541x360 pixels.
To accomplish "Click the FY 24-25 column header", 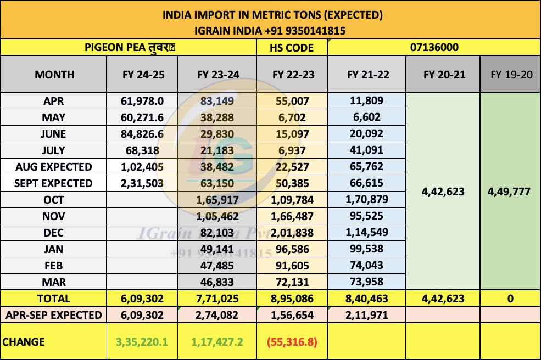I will [143, 75].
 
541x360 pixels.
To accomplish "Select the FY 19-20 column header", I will [511, 75].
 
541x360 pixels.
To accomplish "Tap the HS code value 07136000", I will [434, 48].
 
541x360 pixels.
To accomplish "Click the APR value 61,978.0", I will [143, 101].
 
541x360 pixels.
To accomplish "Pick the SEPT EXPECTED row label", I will [54, 183].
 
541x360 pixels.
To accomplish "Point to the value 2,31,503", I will [143, 183].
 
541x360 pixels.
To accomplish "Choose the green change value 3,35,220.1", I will [142, 342].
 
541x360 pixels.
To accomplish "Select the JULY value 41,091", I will [367, 150].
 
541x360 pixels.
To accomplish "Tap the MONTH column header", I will [54, 75].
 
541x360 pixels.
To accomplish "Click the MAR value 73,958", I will [367, 282].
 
